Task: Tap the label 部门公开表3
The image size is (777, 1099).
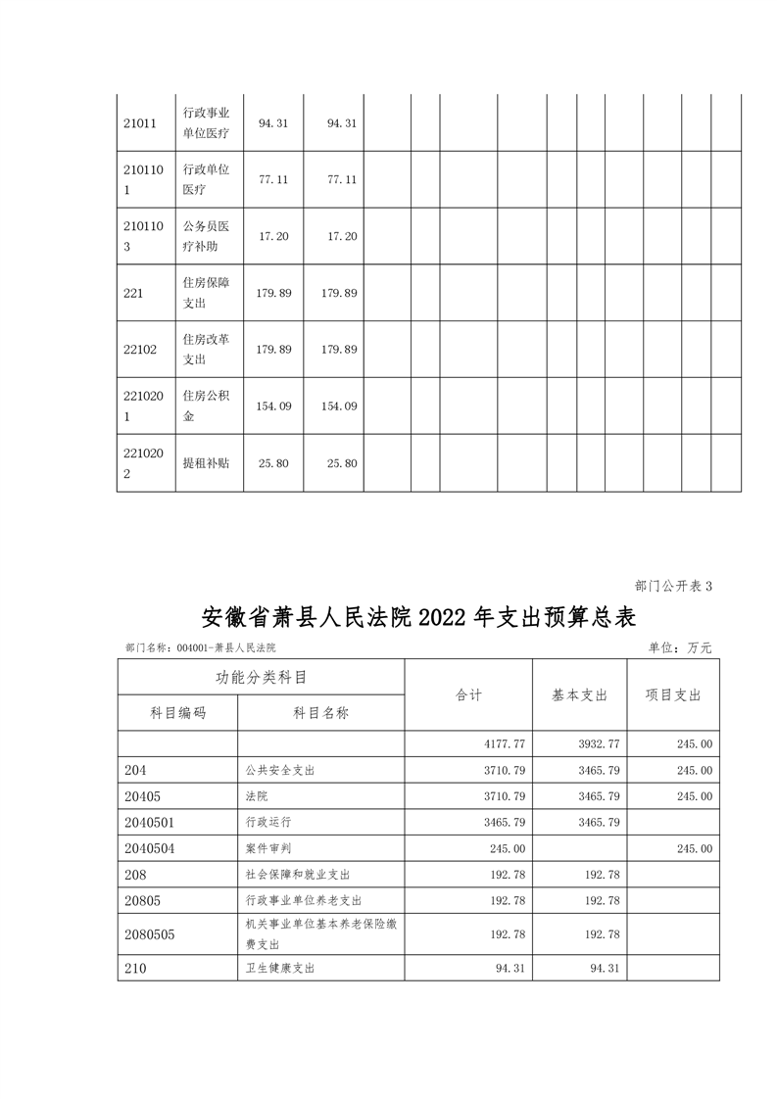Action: tap(673, 586)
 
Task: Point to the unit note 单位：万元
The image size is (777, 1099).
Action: tap(680, 647)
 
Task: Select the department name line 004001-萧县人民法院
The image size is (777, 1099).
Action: tap(202, 647)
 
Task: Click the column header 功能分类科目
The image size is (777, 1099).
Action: tap(262, 677)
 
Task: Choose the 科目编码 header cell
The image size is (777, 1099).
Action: tap(178, 713)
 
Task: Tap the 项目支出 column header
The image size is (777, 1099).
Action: tap(673, 694)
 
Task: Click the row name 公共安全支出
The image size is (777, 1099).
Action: tap(280, 771)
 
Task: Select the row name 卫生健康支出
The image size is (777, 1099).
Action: tap(280, 969)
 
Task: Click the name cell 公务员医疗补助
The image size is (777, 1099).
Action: tap(206, 236)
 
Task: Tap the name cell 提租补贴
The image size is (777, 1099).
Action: tap(206, 462)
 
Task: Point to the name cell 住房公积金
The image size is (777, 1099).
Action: tap(206, 406)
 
